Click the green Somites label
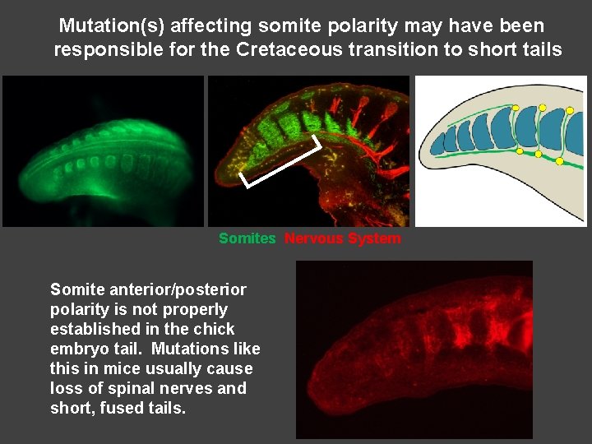(x=247, y=238)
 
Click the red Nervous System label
(x=343, y=238)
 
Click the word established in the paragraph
(x=93, y=329)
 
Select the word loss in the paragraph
(x=65, y=388)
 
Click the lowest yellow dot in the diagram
(x=560, y=161)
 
